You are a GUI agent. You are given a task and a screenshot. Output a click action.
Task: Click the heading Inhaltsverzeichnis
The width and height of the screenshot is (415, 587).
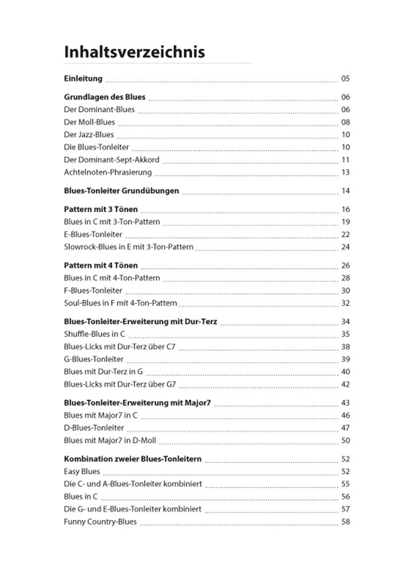pyautogui.click(x=134, y=52)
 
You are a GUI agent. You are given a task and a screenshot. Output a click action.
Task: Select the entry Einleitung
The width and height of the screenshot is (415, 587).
pyautogui.click(x=83, y=79)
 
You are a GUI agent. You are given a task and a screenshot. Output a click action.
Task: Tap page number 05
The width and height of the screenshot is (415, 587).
pyautogui.click(x=345, y=79)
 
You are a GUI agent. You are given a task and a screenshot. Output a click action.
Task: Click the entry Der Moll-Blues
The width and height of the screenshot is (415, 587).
pyautogui.click(x=89, y=122)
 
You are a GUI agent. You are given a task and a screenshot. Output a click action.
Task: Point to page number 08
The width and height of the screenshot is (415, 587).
pyautogui.click(x=345, y=122)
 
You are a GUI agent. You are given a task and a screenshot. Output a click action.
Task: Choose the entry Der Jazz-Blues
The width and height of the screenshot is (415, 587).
pyautogui.click(x=89, y=135)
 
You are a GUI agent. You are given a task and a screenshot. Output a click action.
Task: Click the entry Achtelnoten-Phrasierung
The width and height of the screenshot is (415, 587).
pyautogui.click(x=108, y=172)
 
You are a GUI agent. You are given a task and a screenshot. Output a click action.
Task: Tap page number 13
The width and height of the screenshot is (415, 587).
pyautogui.click(x=345, y=172)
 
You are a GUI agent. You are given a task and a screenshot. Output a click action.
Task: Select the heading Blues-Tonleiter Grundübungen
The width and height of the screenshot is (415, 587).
pyautogui.click(x=122, y=190)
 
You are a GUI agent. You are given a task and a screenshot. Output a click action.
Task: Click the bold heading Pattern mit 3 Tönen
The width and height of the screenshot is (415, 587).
pyautogui.click(x=101, y=209)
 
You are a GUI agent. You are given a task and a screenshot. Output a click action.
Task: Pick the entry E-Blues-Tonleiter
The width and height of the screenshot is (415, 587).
pyautogui.click(x=93, y=234)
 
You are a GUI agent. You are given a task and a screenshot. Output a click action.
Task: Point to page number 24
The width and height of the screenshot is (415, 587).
pyautogui.click(x=345, y=247)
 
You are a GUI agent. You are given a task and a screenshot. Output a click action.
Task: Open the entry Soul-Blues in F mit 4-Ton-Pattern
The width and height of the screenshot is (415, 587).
pyautogui.click(x=120, y=303)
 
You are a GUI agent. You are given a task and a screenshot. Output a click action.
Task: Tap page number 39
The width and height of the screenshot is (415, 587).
pyautogui.click(x=345, y=359)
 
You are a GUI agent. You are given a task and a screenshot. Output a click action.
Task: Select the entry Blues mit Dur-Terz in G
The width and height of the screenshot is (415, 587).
pyautogui.click(x=103, y=371)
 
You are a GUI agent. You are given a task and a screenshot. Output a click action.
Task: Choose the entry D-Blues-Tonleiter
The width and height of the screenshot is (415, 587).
pyautogui.click(x=93, y=428)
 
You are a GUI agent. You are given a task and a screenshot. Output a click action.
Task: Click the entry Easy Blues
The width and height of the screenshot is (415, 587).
pyautogui.click(x=82, y=471)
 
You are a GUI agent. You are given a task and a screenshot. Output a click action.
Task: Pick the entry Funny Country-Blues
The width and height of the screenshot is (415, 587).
pyautogui.click(x=100, y=522)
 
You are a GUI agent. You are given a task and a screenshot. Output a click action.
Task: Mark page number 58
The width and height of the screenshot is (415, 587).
pyautogui.click(x=345, y=522)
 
